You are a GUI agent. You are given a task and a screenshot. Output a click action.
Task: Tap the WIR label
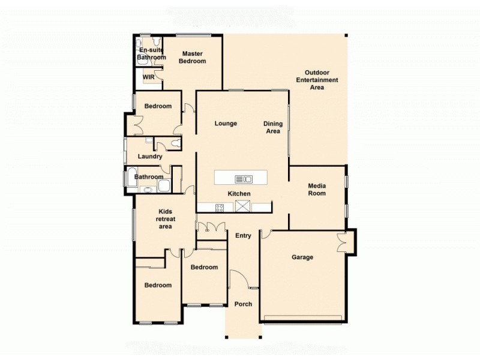(148, 77)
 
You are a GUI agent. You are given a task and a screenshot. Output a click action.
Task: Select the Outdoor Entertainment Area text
(317, 80)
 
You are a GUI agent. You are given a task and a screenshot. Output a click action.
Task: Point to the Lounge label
(226, 124)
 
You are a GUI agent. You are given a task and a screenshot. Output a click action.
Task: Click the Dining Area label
(273, 128)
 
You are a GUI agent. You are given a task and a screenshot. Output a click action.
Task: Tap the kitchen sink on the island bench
(243, 178)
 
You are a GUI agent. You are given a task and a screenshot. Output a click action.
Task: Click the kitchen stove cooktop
(220, 208)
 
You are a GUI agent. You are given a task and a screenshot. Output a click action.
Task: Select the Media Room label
(317, 190)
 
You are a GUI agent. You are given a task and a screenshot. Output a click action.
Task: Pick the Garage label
(302, 257)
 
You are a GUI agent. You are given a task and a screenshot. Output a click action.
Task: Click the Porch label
(243, 304)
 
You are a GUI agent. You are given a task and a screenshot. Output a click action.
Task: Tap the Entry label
(243, 236)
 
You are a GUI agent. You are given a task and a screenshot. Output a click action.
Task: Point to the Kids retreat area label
(165, 219)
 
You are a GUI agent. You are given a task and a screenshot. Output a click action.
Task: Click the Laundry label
(150, 157)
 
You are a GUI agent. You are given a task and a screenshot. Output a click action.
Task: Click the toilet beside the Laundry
(175, 143)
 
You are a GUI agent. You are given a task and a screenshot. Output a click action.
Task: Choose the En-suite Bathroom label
(151, 54)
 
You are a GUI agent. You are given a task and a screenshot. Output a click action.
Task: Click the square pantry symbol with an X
(243, 207)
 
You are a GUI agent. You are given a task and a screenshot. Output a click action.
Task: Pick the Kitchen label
(239, 194)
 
